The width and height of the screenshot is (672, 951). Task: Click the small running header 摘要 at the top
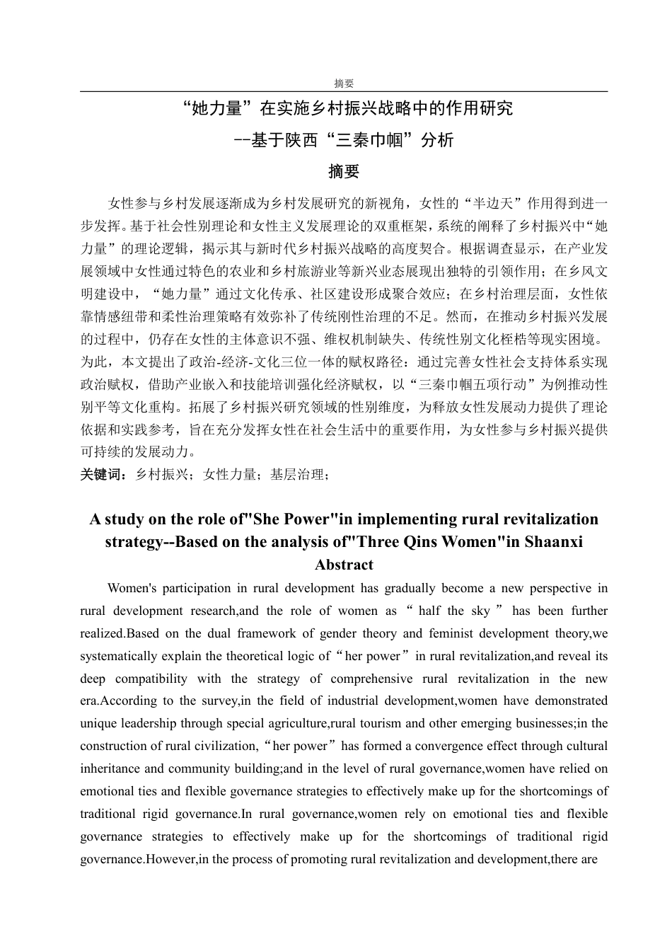[x=344, y=83]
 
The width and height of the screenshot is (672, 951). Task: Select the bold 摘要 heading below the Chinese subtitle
[x=344, y=171]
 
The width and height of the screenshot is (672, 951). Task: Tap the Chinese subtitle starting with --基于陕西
[x=344, y=140]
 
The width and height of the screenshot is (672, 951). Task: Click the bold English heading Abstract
[x=344, y=565]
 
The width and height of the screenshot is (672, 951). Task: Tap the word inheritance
[x=111, y=768]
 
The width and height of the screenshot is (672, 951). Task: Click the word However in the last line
[x=169, y=859]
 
